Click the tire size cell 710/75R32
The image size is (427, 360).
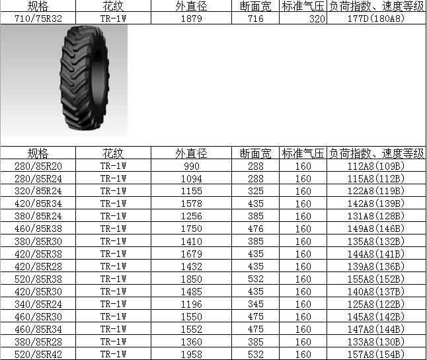point(38,18)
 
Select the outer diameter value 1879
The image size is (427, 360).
point(192,18)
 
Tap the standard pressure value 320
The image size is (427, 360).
point(317,18)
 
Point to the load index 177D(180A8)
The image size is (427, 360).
point(376,18)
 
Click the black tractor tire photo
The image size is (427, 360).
point(85,78)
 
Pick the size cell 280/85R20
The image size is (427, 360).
point(38,166)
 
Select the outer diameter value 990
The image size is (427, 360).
point(192,166)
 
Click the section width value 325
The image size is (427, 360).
point(255,191)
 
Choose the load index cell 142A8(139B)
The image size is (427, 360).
point(376,203)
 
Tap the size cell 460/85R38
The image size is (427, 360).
point(38,229)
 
